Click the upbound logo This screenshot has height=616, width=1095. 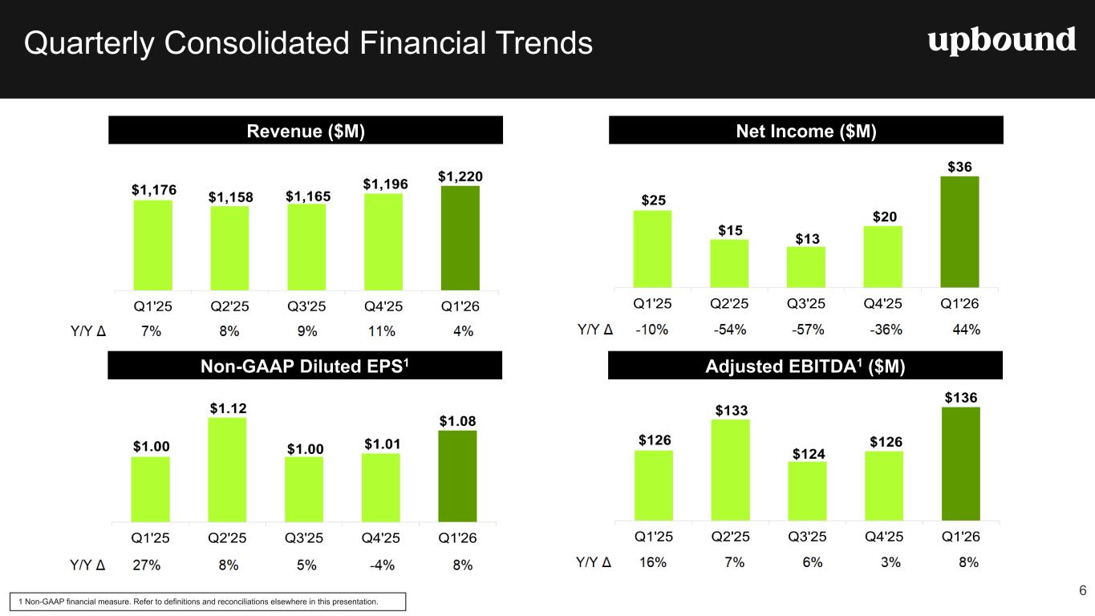click(1001, 41)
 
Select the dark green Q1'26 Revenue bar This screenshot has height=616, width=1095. click(460, 238)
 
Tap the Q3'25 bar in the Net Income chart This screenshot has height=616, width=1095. click(806, 267)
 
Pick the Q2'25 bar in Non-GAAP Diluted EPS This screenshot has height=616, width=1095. click(227, 469)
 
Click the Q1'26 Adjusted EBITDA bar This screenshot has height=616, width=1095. click(961, 464)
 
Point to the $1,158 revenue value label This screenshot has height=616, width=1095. click(231, 197)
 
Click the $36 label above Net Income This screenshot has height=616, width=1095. click(959, 167)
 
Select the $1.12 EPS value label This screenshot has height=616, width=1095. click(229, 408)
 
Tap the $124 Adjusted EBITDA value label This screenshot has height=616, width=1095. click(809, 454)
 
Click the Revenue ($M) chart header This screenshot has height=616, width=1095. click(306, 130)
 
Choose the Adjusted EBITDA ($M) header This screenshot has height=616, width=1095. click(805, 365)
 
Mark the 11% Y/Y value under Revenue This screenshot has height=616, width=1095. click(381, 331)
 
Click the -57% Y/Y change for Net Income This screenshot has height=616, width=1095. click(808, 330)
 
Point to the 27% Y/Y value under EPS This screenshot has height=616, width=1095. click(146, 565)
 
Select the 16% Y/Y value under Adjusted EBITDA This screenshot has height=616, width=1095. click(653, 562)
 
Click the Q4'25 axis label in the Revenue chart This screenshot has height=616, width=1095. click(383, 306)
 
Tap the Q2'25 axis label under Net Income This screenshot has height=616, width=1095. click(729, 304)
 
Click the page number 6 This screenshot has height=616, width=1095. click(1083, 590)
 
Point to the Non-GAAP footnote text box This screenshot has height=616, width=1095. click(208, 602)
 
